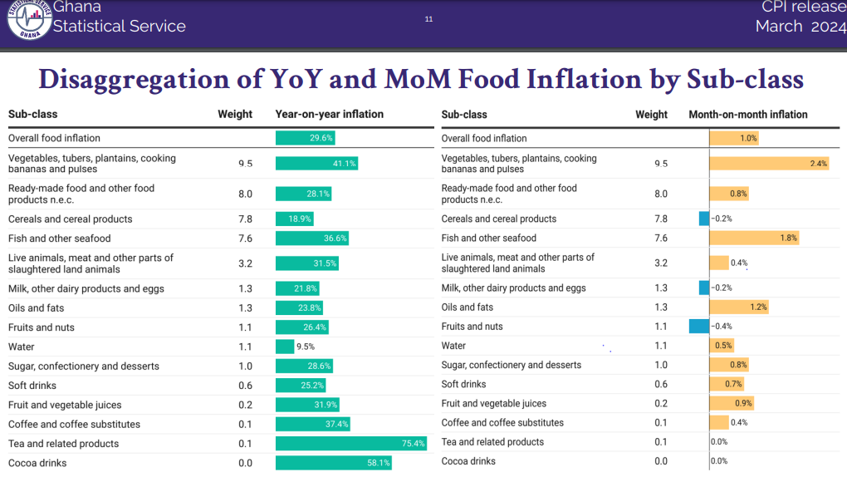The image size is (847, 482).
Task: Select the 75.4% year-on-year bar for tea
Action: point(351,444)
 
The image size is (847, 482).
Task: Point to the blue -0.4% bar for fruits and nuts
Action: point(699,327)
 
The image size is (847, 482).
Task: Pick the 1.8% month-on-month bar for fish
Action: point(754,239)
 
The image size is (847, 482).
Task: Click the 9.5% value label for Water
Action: point(305,347)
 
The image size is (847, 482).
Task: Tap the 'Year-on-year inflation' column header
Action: point(330,115)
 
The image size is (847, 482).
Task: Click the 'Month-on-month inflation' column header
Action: point(748,115)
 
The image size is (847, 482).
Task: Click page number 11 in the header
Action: point(428,19)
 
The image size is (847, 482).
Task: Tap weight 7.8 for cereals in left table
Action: point(246,219)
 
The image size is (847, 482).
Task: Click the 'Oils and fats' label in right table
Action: point(468,307)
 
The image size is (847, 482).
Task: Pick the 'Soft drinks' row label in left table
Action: point(33,386)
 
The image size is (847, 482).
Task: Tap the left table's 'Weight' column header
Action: point(235,115)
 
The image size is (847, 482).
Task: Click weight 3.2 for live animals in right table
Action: point(661,263)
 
